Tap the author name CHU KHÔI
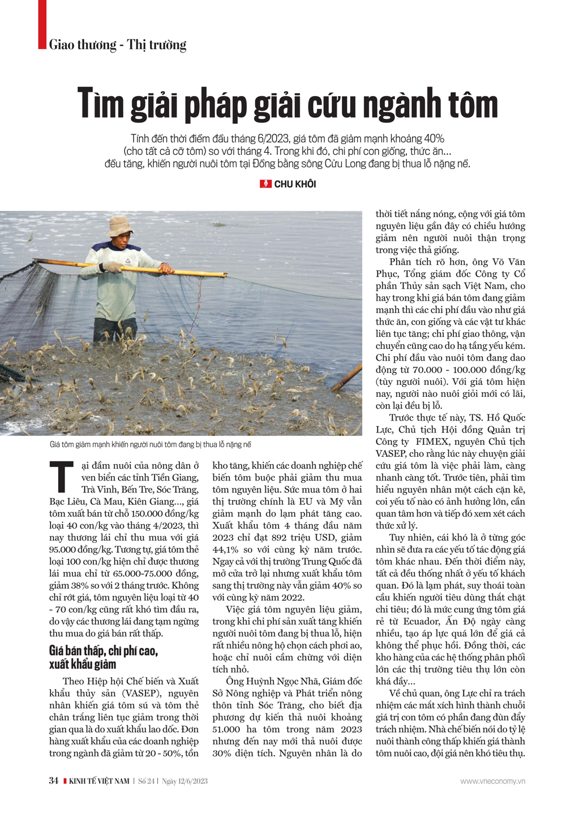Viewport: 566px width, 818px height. (x=295, y=184)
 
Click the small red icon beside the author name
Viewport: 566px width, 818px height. (x=265, y=184)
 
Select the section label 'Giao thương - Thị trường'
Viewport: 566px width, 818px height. (x=118, y=45)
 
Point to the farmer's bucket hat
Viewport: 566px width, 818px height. (x=119, y=226)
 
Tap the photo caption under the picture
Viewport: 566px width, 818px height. (x=150, y=444)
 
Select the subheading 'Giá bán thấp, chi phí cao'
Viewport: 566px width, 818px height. (x=104, y=651)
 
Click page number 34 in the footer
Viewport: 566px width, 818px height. (x=54, y=781)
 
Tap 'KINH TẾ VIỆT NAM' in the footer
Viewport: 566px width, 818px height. (x=99, y=781)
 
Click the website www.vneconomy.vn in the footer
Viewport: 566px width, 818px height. (x=492, y=781)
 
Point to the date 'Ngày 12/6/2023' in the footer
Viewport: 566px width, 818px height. (x=185, y=781)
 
